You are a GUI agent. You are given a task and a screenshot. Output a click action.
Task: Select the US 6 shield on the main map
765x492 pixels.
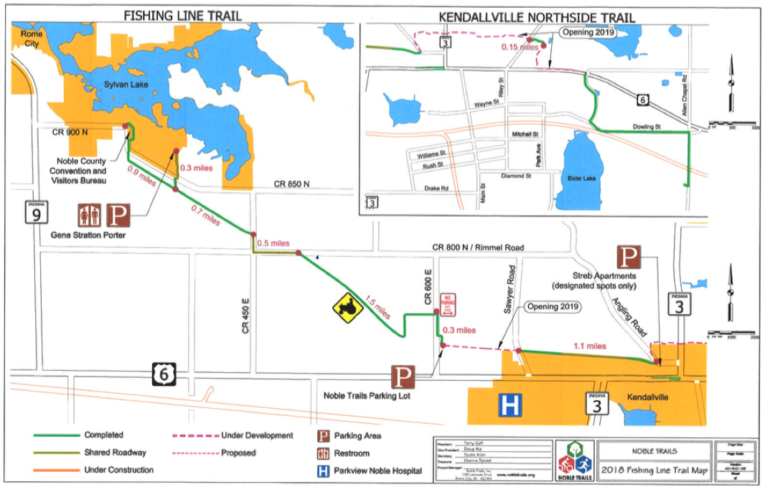164,373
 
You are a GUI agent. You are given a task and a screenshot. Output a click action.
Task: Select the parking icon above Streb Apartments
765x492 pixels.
629,257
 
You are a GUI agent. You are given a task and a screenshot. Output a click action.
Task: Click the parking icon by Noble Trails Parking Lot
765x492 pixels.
403,377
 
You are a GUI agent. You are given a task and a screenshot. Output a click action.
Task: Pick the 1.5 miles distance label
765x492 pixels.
378,308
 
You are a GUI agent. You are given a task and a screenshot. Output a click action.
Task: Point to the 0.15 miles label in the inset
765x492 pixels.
520,47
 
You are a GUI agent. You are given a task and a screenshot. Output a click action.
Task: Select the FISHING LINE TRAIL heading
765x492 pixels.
182,14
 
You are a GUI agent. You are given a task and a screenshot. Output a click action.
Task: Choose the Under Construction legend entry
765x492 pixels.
118,470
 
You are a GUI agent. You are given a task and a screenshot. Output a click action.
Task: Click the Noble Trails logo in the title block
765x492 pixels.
575,459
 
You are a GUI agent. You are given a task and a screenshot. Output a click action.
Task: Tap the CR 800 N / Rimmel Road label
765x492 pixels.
478,247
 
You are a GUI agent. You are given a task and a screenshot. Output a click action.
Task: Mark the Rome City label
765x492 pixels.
32,39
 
